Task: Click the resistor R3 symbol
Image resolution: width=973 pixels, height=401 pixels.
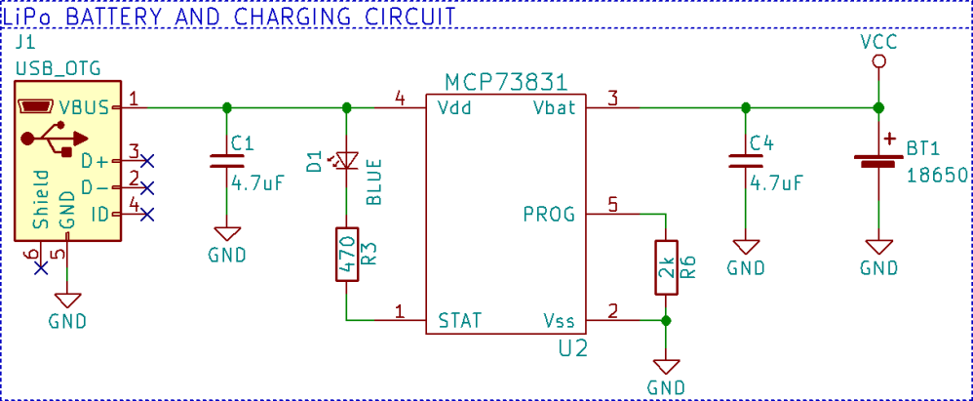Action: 347,255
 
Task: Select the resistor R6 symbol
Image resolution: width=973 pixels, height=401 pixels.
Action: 665,267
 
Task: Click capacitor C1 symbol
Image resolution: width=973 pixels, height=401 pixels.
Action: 226,162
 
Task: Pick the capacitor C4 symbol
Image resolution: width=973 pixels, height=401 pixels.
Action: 746,162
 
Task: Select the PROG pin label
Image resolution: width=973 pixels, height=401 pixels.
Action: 549,214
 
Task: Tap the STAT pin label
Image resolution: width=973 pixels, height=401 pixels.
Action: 459,320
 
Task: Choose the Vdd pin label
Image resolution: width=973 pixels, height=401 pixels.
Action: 454,107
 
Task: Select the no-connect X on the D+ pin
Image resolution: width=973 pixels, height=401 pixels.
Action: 147,159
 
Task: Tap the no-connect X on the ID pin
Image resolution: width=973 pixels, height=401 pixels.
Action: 147,214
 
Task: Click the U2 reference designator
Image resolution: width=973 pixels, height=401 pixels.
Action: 572,347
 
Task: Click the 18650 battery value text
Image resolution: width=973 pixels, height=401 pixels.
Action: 936,176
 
